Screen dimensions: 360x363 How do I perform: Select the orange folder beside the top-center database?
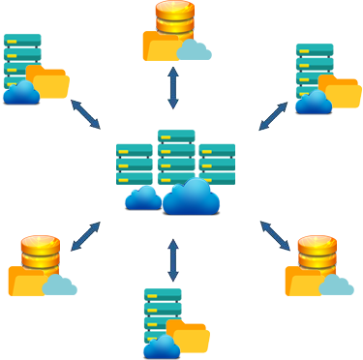(161, 46)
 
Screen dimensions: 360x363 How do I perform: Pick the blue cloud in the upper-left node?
(21, 93)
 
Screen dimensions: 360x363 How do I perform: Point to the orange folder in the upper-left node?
(48, 82)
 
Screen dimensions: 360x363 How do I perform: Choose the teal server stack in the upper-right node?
(315, 66)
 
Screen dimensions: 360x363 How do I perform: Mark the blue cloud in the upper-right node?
(314, 102)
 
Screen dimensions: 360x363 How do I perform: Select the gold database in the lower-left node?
(41, 253)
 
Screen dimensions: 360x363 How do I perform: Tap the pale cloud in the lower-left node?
(60, 285)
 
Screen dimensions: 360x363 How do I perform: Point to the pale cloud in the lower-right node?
(336, 285)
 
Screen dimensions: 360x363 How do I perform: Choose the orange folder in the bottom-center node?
(190, 338)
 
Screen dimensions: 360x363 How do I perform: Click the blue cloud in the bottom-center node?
(161, 345)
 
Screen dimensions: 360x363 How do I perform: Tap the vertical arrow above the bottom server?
(173, 259)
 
